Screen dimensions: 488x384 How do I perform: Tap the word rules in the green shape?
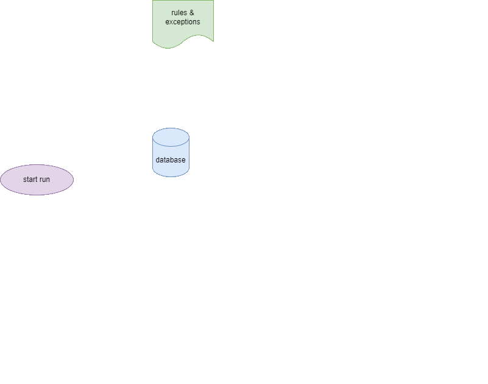click(x=179, y=13)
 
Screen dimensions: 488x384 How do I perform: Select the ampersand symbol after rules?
click(x=192, y=13)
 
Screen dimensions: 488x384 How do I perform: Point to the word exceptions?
click(x=183, y=22)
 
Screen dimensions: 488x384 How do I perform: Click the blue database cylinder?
click(x=171, y=152)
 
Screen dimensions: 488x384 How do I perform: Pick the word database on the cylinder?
click(x=171, y=160)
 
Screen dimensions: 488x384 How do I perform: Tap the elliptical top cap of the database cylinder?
click(x=171, y=137)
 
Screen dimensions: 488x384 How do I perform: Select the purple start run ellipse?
click(x=37, y=180)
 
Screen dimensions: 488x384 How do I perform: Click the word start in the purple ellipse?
click(x=30, y=180)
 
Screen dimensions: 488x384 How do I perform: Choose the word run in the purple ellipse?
click(x=44, y=180)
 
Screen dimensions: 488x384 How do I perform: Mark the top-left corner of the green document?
click(x=152, y=1)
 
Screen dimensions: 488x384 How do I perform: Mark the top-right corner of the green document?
click(x=213, y=1)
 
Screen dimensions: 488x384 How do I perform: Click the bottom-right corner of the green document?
click(x=213, y=41)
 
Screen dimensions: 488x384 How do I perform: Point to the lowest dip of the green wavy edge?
click(x=168, y=49)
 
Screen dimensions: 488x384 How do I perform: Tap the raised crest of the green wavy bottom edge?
click(x=198, y=35)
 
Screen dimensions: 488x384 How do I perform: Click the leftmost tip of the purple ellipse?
click(x=1, y=180)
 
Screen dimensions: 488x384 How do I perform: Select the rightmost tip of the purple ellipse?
click(x=74, y=180)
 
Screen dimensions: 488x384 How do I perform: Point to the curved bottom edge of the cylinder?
click(x=171, y=177)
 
